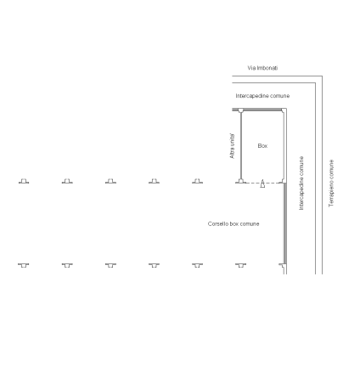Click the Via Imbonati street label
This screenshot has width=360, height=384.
(262, 68)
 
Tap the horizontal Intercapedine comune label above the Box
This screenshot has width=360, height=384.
(262, 96)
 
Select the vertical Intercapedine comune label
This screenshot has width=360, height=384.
(301, 183)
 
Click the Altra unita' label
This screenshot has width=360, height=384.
(232, 146)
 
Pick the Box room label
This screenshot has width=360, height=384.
(262, 145)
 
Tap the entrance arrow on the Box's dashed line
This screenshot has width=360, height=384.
(262, 184)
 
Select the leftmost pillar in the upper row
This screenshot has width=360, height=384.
(24, 181)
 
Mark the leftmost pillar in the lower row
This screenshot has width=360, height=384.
(24, 265)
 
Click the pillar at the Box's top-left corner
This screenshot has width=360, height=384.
(240, 110)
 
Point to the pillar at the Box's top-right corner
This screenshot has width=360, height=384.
(283, 110)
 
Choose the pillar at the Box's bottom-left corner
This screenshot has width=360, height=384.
(240, 181)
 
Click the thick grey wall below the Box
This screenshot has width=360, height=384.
(285, 223)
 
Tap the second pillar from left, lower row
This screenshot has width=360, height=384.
(67, 265)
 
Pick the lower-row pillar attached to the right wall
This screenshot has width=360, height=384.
(282, 265)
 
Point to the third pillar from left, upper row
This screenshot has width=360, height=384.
(110, 181)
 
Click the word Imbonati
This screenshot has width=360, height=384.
(267, 68)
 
